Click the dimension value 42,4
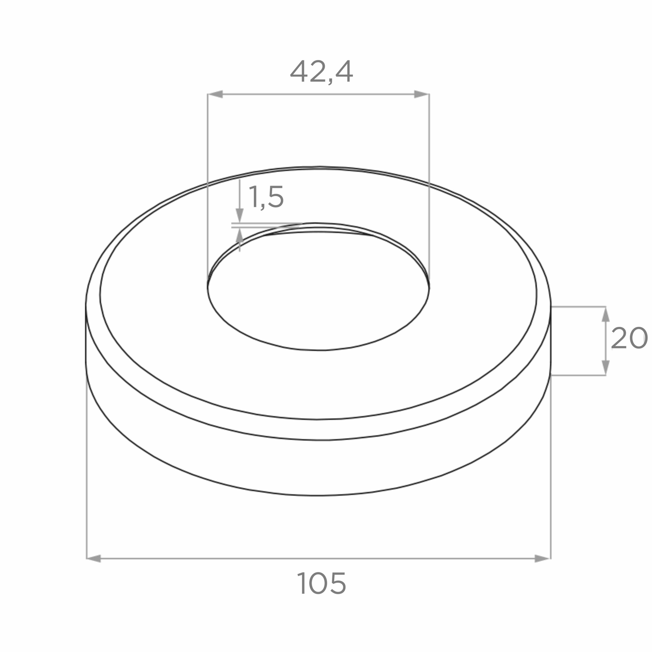pyautogui.click(x=321, y=72)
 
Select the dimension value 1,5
pyautogui.click(x=266, y=197)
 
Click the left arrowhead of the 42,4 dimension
pyautogui.click(x=215, y=94)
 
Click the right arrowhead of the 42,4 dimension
pyautogui.click(x=422, y=94)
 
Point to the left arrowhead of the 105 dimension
pyautogui.click(x=94, y=559)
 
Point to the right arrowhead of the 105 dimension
pyautogui.click(x=543, y=559)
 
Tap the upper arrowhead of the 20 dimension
pyautogui.click(x=605, y=314)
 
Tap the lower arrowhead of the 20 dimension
pyautogui.click(x=605, y=368)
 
